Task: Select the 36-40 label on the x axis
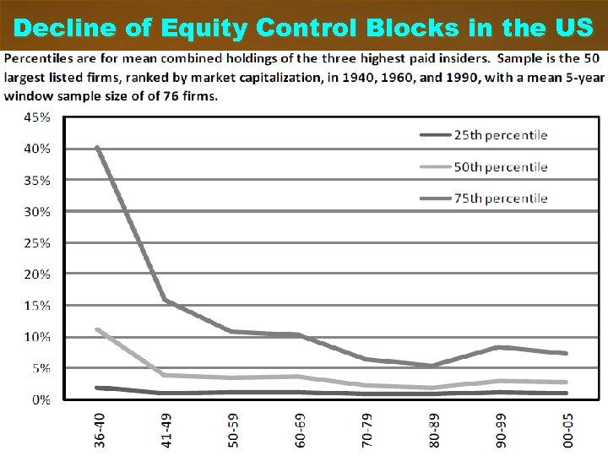tap(101, 430)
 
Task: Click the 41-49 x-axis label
tap(168, 430)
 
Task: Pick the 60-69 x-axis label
tap(301, 430)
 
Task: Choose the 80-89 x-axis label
tap(435, 430)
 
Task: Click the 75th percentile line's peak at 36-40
tap(98, 149)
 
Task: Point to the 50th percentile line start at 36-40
tap(98, 329)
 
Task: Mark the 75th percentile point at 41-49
tap(165, 300)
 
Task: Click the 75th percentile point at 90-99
tap(499, 347)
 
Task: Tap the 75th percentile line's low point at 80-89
tap(432, 366)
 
